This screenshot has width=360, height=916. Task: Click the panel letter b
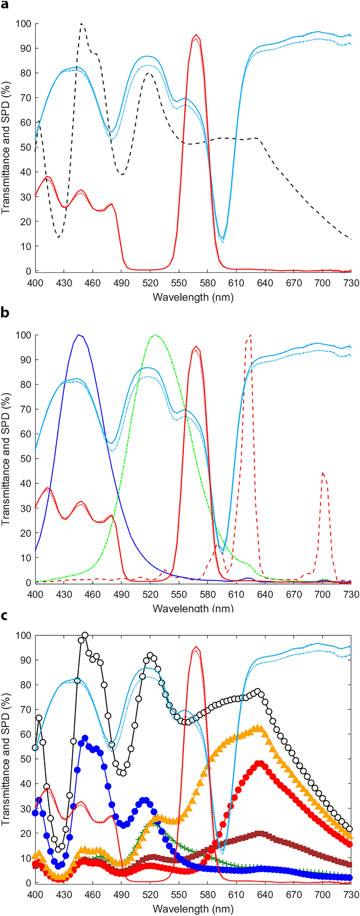[x=5, y=313]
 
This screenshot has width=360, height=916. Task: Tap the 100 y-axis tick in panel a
[x=23, y=24]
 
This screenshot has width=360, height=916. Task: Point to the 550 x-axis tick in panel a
[x=179, y=283]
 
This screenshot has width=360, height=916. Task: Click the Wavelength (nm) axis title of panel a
[x=193, y=297]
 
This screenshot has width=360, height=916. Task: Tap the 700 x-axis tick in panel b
[x=323, y=595]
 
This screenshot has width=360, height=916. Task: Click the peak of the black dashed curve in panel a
[x=82, y=24]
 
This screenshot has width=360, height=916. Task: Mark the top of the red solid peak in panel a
[x=196, y=35]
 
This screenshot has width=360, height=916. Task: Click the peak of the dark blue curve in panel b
[x=79, y=335]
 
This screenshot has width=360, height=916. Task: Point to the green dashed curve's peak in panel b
[x=154, y=335]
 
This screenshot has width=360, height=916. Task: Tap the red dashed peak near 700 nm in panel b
[x=323, y=473]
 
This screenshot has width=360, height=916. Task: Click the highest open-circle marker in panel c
[x=85, y=635]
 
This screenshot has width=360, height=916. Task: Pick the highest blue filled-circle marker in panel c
[x=85, y=738]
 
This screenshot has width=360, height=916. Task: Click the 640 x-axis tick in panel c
[x=265, y=895]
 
